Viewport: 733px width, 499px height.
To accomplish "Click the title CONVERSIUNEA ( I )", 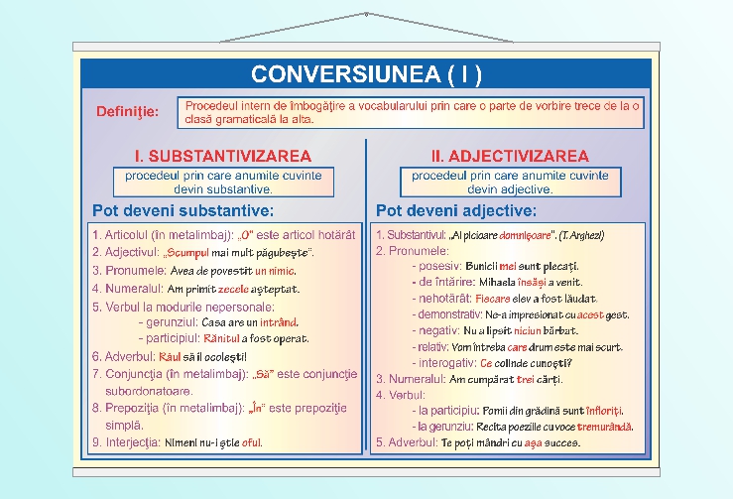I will coord(366,74).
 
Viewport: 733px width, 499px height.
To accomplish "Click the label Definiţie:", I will coord(127,111).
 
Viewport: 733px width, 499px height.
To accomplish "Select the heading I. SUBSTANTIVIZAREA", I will coord(223,156).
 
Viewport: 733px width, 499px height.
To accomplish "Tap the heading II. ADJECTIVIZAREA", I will coord(510,156).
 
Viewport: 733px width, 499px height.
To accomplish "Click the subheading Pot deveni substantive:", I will coord(183,210).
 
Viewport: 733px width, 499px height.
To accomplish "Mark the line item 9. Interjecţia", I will coord(127,443).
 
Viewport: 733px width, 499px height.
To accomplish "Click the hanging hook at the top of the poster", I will coord(366,14).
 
